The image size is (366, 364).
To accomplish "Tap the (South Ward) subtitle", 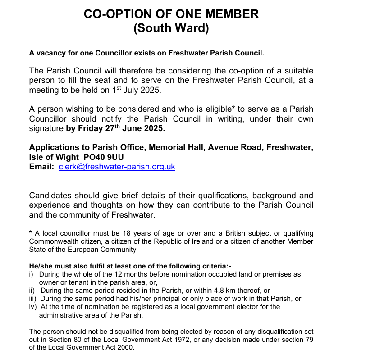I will [171, 28].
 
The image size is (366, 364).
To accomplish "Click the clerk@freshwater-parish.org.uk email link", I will [117, 167].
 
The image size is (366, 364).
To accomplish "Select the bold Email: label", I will [42, 167].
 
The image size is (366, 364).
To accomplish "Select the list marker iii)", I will [32, 299].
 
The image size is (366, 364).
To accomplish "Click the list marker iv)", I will [32, 307].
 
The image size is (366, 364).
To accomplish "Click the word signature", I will [46, 129].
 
